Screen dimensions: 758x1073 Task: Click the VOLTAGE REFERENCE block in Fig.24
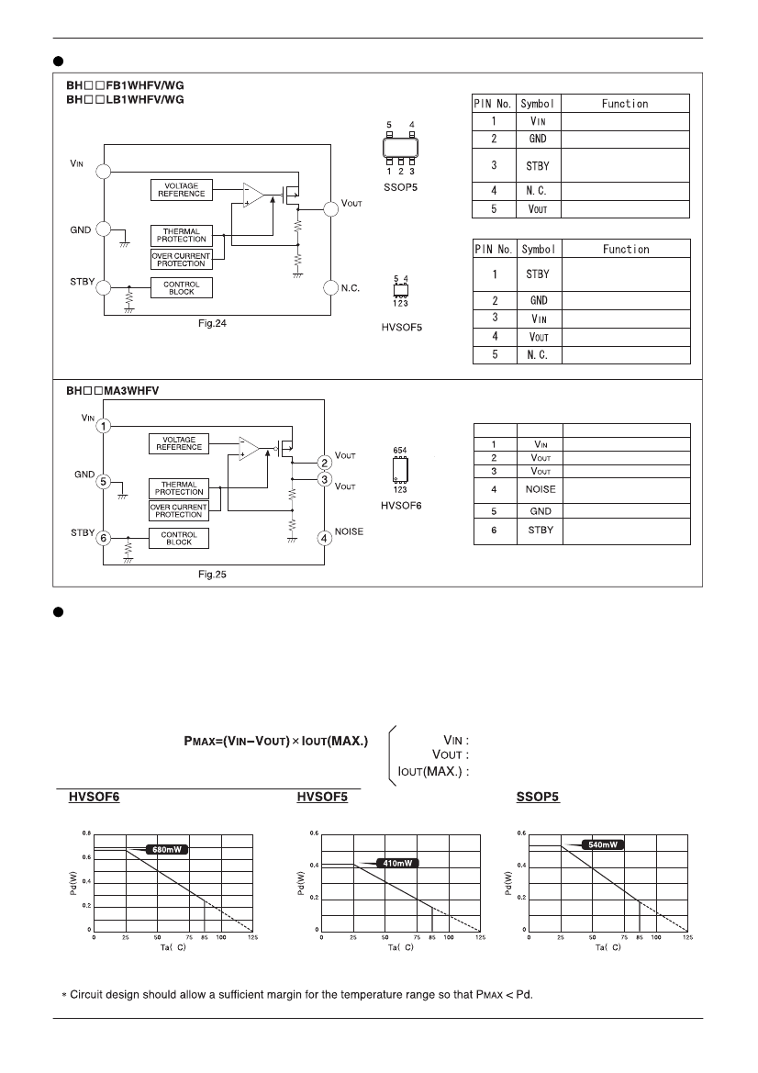point(182,190)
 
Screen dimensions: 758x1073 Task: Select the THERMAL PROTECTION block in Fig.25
point(179,488)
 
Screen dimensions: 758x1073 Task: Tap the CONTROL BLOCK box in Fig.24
point(182,288)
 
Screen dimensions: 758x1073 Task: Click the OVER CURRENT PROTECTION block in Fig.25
point(179,511)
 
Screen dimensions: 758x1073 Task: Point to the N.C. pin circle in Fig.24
point(331,287)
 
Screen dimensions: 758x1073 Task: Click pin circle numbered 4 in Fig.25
point(324,539)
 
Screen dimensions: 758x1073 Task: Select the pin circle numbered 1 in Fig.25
point(104,426)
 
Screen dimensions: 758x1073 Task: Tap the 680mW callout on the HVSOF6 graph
point(166,850)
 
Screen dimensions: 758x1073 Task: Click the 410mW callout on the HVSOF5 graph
point(396,864)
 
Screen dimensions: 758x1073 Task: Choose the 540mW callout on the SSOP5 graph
point(603,845)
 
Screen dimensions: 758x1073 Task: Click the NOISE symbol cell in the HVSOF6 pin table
point(541,489)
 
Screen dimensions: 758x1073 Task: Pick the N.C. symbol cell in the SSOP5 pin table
point(538,191)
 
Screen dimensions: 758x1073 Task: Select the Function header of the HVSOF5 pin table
point(626,249)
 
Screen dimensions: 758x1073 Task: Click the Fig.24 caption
point(212,324)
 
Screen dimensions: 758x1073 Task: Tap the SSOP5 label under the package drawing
point(400,187)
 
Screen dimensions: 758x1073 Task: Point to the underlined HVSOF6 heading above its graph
point(94,797)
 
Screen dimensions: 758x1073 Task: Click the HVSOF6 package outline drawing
point(399,470)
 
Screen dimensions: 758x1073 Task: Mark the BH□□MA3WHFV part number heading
point(112,391)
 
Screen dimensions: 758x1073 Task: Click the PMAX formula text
point(275,741)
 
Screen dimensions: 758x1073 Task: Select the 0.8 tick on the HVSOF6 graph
point(86,833)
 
